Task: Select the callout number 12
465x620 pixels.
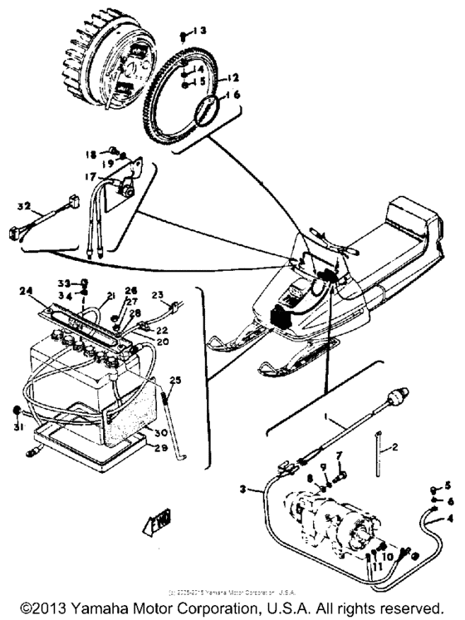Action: (233, 77)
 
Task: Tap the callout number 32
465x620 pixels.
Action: (24, 205)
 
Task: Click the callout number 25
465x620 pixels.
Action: (174, 380)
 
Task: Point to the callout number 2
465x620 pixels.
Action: (395, 447)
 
